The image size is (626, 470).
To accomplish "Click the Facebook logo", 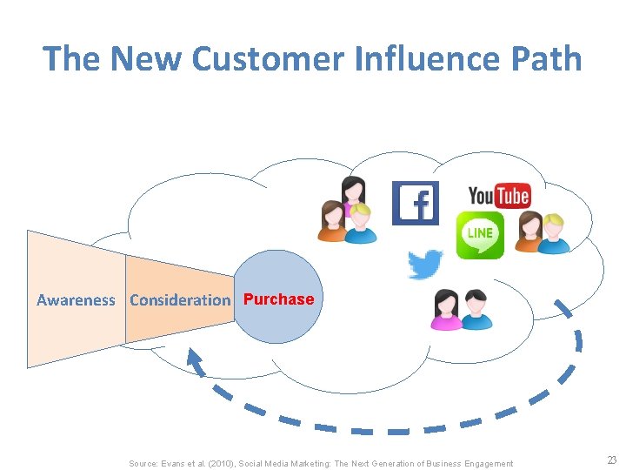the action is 416,203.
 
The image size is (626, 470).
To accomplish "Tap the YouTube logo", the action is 499,196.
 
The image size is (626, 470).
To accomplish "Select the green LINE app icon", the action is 480,235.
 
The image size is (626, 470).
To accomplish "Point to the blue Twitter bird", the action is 425,264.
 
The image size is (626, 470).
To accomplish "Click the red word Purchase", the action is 278,299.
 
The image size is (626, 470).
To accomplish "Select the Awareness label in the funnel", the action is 76,300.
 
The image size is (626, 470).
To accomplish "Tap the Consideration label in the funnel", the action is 180,300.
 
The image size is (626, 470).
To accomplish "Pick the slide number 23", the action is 611,460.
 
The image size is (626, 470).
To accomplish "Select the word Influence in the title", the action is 430,59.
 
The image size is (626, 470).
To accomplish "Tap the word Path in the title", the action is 547,59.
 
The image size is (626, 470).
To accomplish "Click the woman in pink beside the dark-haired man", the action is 447,311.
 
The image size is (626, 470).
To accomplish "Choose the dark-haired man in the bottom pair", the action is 476,311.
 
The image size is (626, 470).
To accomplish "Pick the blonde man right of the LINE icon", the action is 551,233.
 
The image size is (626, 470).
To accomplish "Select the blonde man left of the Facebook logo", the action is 360,224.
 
